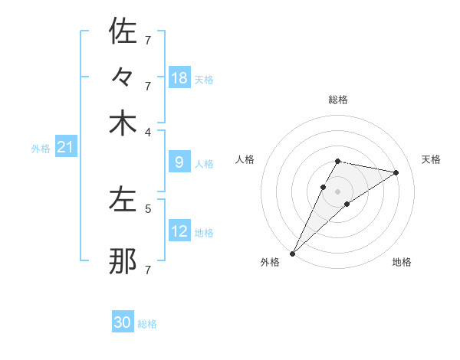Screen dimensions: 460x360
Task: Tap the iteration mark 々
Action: (123, 77)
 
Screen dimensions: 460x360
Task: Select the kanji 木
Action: (123, 123)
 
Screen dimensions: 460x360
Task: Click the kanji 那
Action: (123, 262)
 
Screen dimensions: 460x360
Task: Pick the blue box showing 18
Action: (179, 78)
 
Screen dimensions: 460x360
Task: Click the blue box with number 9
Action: (179, 162)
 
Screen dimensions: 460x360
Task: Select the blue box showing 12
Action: (179, 231)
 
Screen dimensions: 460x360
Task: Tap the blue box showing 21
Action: (64, 147)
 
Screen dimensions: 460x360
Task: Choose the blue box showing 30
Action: (122, 322)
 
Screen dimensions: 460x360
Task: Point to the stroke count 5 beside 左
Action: (148, 208)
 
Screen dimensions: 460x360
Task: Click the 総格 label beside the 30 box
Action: (147, 324)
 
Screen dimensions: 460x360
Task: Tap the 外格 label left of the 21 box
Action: (40, 149)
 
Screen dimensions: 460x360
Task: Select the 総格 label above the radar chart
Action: (337, 100)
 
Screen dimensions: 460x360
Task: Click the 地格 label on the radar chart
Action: (402, 262)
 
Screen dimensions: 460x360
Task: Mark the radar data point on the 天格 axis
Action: (396, 172)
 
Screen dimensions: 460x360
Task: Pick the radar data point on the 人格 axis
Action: (324, 186)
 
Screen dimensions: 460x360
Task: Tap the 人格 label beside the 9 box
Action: (204, 164)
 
